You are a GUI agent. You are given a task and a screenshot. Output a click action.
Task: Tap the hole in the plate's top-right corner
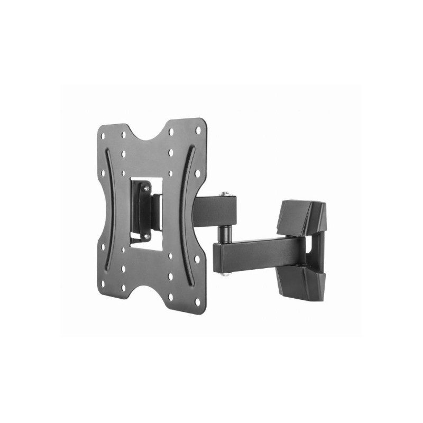tap(198, 129)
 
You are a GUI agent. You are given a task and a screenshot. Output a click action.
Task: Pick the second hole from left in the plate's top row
tap(123, 134)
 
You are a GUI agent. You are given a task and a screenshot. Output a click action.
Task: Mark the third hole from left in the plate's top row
tap(171, 133)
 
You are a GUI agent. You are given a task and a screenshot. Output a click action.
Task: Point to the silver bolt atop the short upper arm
tap(226, 194)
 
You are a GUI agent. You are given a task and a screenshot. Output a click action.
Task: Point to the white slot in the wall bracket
tap(316, 249)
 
